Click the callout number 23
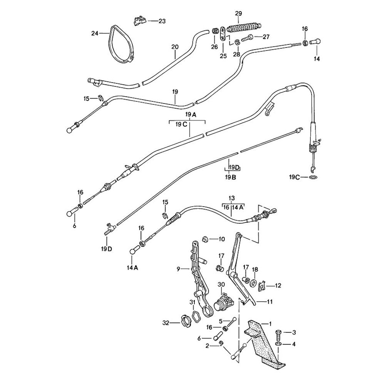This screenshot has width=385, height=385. click(x=162, y=21)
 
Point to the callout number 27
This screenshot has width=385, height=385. click(x=266, y=37)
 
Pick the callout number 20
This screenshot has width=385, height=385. click(x=175, y=47)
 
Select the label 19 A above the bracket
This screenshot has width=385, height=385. click(x=191, y=115)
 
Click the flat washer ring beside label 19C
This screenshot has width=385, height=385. click(x=314, y=177)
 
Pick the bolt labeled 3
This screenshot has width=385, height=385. click(x=279, y=333)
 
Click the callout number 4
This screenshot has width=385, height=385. click(x=294, y=344)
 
